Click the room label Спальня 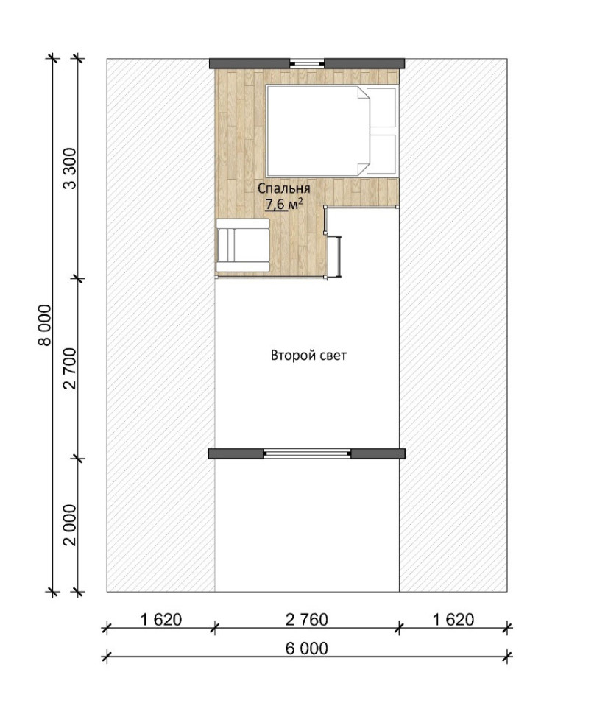[284, 189]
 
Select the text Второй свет [308, 356]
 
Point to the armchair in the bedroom [242, 246]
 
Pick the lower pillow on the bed [382, 152]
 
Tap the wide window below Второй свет [307, 453]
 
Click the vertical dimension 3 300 [70, 169]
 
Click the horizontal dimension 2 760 [306, 619]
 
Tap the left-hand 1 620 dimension [160, 619]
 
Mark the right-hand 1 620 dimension [453, 619]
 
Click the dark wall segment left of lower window [236, 453]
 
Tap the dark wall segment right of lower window [378, 453]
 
